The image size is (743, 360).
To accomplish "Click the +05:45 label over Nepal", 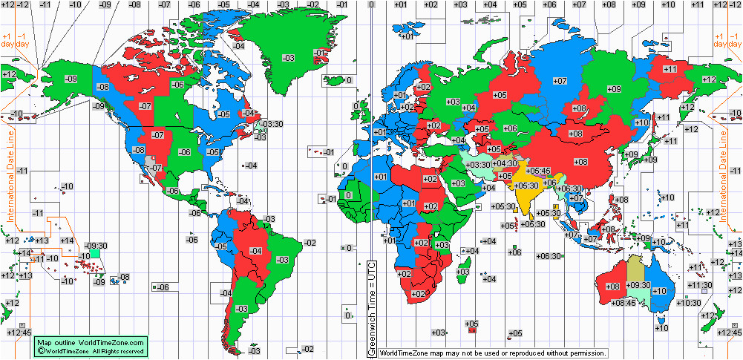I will (540, 171).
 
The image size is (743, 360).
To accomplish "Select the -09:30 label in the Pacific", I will (96, 246).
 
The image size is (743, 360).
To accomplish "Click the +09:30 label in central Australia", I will (638, 285).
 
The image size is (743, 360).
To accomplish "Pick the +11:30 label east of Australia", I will (700, 285).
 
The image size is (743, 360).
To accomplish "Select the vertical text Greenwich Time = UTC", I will (373, 308).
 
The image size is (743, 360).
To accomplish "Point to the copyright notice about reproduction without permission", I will (493, 353).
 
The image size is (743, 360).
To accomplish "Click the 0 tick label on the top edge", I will (371, 4).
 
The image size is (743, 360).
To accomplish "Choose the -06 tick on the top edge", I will (194, 4).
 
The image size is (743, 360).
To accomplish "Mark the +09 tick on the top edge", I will (638, 4).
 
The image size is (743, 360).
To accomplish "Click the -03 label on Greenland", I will (289, 58).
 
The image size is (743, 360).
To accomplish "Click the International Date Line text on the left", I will (10, 167).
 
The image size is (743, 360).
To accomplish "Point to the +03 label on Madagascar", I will (462, 272).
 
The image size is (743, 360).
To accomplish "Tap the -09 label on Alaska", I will (71, 79).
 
